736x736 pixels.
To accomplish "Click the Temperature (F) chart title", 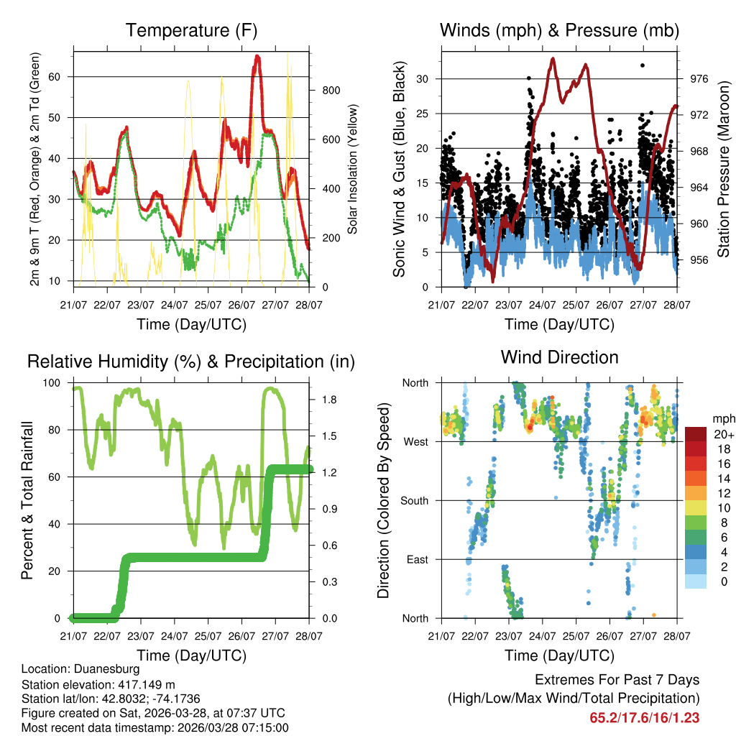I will click(191, 30).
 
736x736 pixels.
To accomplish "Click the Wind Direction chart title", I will click(559, 356).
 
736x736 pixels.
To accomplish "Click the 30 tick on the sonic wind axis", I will click(423, 79).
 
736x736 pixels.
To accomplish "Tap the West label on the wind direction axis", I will click(415, 442).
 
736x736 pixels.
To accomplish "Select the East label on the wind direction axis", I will click(417, 560).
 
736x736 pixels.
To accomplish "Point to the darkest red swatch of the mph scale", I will click(696, 434).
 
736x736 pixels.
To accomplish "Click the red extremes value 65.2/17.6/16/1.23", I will click(644, 717).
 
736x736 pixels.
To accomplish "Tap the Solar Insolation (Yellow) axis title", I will click(353, 169).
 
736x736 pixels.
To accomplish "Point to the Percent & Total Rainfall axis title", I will click(27, 500).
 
